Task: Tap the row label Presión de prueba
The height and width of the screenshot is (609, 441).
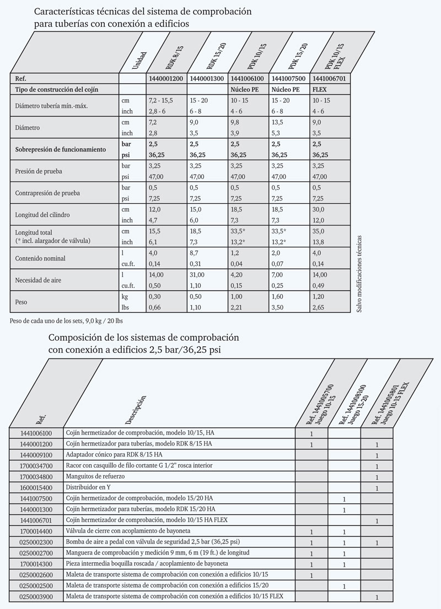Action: point(39,171)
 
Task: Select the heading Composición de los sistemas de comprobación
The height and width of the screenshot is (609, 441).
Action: point(144,336)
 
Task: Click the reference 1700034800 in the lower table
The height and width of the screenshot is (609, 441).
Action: point(36,478)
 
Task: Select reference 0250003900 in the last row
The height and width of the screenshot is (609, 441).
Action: point(36,597)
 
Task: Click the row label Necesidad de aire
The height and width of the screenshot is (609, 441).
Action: point(39,280)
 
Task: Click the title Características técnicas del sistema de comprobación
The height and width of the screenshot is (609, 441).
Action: point(143,11)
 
